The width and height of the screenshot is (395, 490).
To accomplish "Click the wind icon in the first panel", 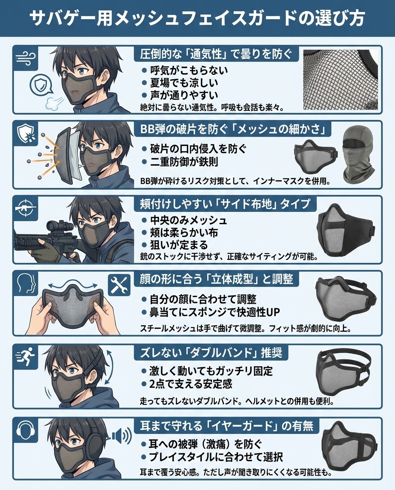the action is [x=26, y=58].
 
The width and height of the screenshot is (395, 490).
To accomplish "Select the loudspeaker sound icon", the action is [x=121, y=435].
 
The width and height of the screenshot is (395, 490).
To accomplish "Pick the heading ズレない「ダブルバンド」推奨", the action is [x=212, y=352].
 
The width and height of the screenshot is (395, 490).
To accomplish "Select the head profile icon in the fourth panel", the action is [x=26, y=283].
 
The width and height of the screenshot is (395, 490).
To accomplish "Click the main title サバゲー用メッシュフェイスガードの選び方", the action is [x=197, y=18].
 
